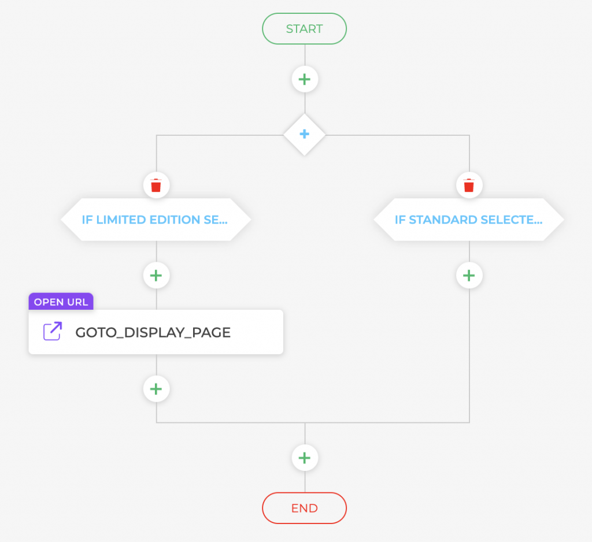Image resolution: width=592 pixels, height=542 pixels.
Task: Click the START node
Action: pos(304,29)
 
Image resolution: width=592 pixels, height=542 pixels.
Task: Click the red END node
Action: pos(304,508)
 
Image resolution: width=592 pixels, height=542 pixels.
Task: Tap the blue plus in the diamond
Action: pos(305,134)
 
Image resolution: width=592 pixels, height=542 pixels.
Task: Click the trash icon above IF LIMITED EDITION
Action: pos(156,185)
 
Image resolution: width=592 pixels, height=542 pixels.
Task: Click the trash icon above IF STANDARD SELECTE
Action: pos(469,185)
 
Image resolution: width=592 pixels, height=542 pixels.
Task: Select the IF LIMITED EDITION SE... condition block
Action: pos(156,220)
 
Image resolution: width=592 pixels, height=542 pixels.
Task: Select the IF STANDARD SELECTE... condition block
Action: pos(468,220)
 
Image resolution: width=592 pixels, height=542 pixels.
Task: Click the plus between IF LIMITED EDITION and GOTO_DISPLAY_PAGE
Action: pos(156,275)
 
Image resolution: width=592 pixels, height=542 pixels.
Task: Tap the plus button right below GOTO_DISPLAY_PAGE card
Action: pos(156,388)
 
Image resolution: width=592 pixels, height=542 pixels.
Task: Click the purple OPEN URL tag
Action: pos(61,302)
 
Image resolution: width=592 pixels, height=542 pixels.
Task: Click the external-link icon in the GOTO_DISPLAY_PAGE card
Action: pos(53,332)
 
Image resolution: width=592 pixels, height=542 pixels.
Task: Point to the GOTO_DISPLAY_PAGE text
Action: pos(153,332)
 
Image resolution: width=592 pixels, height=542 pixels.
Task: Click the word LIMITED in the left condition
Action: pos(115,220)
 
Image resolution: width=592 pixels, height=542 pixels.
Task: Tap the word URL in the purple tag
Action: pos(78,302)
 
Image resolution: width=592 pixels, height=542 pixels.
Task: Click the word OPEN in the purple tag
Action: pos(49,302)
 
